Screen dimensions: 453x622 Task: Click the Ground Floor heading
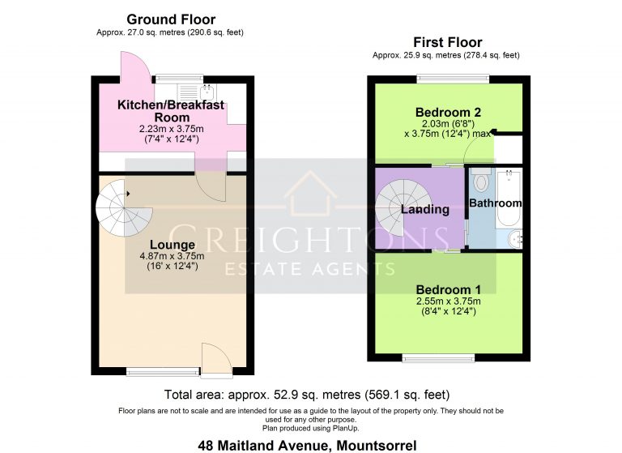point(171,19)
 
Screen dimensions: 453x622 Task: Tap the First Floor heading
point(447,42)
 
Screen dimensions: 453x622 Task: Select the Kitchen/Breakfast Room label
point(170,111)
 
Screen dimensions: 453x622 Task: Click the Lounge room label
point(172,245)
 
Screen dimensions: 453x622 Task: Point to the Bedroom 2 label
point(443,112)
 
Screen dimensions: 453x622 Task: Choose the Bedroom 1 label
point(444,289)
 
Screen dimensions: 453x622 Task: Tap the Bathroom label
point(496,203)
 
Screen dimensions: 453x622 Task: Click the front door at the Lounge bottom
point(215,360)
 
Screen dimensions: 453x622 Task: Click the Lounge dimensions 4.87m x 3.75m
point(172,256)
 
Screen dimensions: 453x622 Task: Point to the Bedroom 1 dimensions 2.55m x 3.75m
point(444,301)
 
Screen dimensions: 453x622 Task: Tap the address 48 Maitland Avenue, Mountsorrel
point(308,445)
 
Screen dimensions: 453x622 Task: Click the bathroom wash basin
point(517,238)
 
